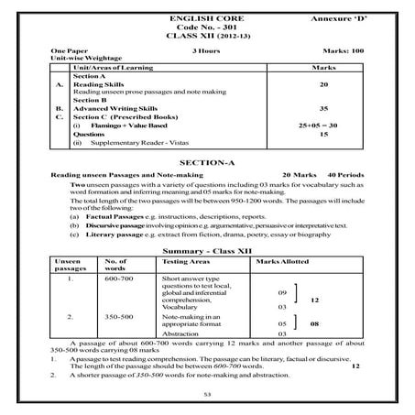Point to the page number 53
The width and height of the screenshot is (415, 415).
(207, 395)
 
